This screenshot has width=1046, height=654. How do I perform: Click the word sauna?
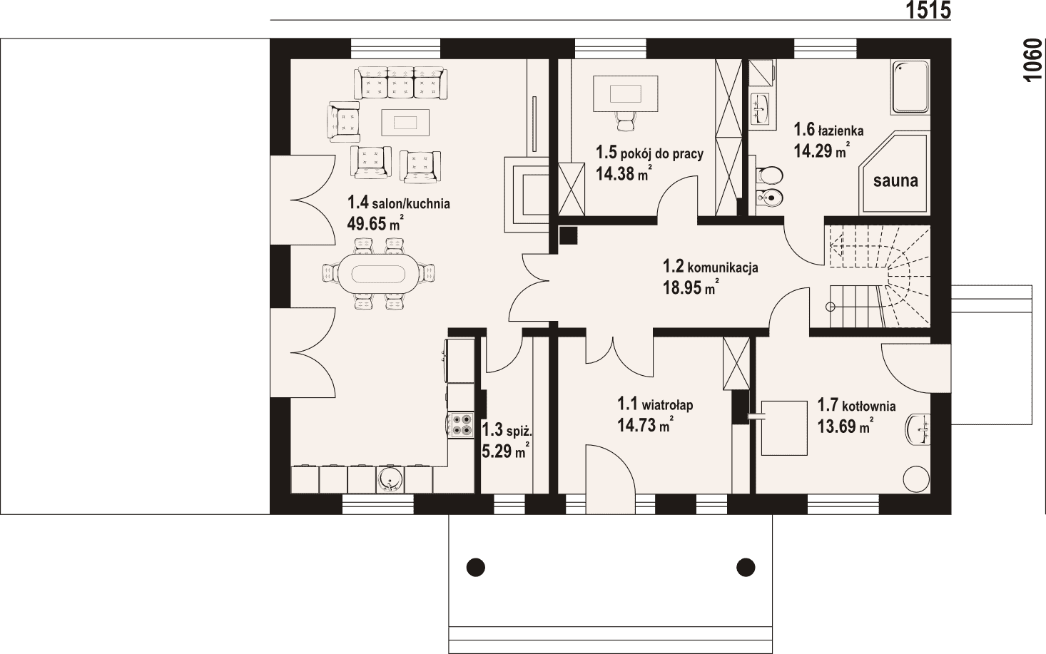click(895, 180)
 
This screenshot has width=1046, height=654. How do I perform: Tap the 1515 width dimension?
click(928, 10)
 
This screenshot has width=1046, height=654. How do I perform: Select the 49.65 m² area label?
click(375, 224)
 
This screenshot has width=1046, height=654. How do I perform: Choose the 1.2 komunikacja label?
click(710, 267)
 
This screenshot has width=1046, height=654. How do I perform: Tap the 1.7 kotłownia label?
click(856, 405)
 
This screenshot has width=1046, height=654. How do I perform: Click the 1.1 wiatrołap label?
click(655, 404)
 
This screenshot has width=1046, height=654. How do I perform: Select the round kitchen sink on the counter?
click(390, 479)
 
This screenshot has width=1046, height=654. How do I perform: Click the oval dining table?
click(378, 274)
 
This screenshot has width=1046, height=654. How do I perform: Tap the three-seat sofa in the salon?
click(401, 83)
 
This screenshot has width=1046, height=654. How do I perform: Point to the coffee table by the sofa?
click(405, 122)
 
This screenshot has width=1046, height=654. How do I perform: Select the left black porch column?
click(476, 568)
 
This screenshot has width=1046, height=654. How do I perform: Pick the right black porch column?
click(746, 567)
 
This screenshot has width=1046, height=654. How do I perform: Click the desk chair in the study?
click(626, 121)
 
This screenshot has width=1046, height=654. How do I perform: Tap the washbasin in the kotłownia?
click(918, 430)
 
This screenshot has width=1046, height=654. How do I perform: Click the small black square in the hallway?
click(568, 235)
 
